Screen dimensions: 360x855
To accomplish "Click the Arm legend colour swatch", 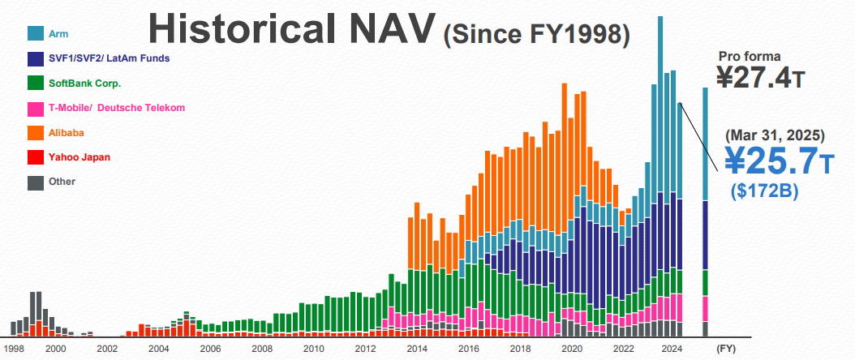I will pos(36,33).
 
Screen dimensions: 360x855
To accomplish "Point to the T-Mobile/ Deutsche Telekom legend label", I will pos(117,108).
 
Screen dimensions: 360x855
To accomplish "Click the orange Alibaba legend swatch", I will pos(36,132).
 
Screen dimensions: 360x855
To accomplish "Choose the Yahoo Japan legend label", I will pos(79,157).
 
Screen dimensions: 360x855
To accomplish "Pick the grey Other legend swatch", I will pos(36,182).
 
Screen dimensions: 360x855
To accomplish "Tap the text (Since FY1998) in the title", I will pos(537,33).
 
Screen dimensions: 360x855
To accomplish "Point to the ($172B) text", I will pos(764,191).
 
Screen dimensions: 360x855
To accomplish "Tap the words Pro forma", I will pos(750,56).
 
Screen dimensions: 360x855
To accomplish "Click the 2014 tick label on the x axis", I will pos(416,349).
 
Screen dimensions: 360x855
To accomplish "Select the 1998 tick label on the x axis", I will pos(13,349).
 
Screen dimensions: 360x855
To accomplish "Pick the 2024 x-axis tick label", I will pos(672,349).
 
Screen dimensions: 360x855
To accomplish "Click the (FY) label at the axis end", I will pos(725,349).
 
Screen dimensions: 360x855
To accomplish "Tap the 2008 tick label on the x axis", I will pos(261,349).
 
